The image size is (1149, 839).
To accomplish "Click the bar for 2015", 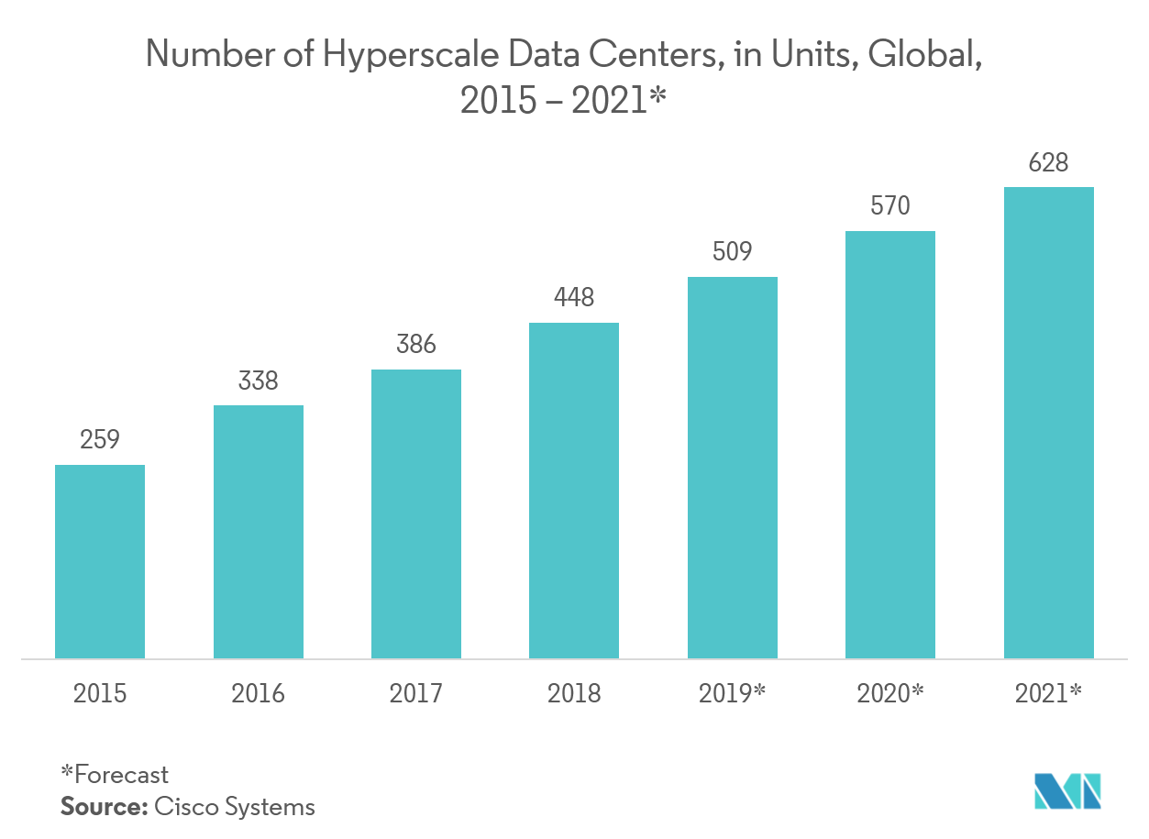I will coord(100,561).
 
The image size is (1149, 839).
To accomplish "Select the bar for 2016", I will coord(259,532).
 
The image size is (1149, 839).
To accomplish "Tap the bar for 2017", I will coord(416,513).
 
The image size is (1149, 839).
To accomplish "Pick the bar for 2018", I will coord(574,491).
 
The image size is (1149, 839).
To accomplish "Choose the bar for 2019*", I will coord(733,468).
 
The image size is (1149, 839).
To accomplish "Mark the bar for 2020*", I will coord(890,445).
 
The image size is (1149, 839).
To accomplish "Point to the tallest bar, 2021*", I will coord(1049,423).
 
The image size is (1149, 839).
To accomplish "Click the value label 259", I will coord(100,440).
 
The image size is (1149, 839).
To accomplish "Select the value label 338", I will coord(259,381).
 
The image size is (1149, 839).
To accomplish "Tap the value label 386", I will coord(416,345).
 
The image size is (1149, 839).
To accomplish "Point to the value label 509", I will coord(733,251).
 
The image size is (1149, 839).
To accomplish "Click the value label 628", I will coord(1049,163).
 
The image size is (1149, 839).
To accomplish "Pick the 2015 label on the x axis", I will coord(100,693).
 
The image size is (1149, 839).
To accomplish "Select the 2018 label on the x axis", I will coord(574,693).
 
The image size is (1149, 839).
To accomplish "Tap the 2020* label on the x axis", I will coord(890,693).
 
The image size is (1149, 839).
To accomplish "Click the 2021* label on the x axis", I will coord(1049,693).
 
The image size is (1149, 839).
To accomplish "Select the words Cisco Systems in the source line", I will coord(235,807).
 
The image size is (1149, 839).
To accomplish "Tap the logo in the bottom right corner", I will coord(1067,790).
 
